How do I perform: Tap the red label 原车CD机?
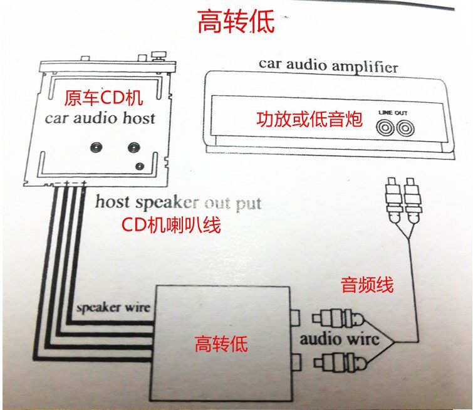[103, 98]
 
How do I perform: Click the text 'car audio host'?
[100, 118]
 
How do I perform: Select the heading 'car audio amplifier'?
[328, 65]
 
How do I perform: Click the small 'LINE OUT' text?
[393, 112]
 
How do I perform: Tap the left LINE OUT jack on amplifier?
[384, 128]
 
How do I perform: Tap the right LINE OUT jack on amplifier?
[404, 128]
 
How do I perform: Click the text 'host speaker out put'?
[178, 202]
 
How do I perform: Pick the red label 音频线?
[367, 285]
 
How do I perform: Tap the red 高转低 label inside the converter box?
[221, 344]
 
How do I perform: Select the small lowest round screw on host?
[140, 166]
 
